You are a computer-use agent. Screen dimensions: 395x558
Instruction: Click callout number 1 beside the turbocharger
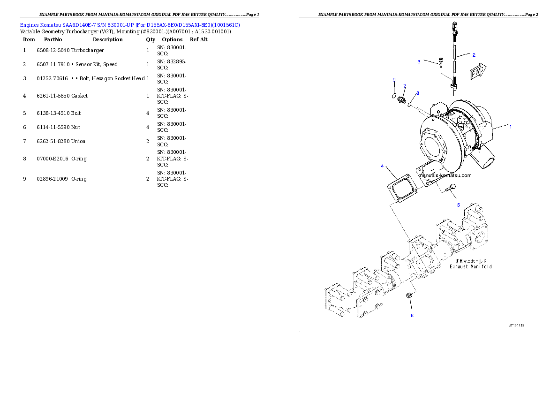click(x=511, y=126)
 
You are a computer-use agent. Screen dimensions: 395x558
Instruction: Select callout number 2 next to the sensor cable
click(x=474, y=55)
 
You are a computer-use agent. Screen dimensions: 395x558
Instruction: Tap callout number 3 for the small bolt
click(x=419, y=61)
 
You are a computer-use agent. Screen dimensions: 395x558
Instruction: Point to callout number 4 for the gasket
click(x=382, y=166)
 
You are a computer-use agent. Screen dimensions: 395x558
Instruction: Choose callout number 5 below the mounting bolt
click(x=459, y=205)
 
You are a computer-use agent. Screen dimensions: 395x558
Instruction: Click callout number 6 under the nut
click(x=412, y=315)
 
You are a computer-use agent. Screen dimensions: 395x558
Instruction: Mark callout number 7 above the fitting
click(x=405, y=86)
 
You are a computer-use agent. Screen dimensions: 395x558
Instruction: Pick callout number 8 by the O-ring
click(x=418, y=93)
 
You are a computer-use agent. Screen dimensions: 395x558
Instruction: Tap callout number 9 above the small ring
click(x=394, y=80)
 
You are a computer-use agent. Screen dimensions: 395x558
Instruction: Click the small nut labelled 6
click(x=409, y=295)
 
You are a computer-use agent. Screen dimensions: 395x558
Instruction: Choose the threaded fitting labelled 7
click(x=401, y=100)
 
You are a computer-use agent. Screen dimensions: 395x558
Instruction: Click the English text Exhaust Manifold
click(x=471, y=266)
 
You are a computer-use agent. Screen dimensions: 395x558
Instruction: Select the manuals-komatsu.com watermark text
click(x=444, y=175)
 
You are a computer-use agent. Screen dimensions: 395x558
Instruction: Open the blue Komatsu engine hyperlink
click(x=130, y=24)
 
